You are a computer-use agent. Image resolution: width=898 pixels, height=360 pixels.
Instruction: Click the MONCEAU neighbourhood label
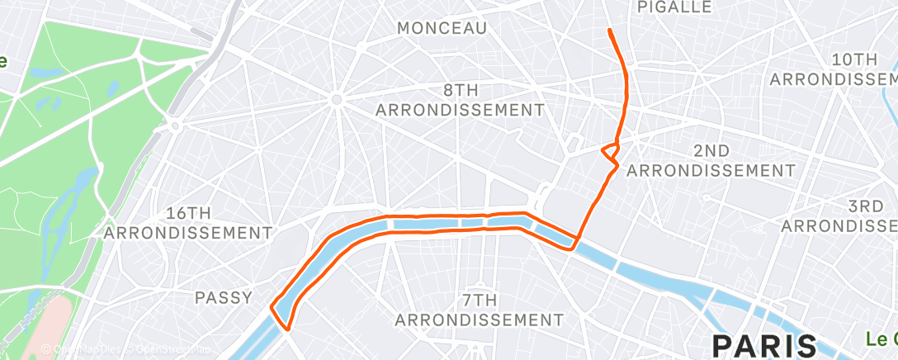pos(442,28)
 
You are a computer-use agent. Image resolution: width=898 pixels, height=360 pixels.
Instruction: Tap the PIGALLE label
pos(674,7)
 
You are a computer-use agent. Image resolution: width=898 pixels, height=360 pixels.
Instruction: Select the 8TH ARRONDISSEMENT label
pos(460,99)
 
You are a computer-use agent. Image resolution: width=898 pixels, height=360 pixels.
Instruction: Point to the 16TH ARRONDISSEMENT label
pos(188,222)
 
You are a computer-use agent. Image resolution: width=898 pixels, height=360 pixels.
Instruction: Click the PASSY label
pos(222,297)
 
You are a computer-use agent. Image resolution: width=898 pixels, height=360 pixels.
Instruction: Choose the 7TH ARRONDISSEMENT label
pos(479,310)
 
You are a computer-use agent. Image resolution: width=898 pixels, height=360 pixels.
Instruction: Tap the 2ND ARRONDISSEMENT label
pos(711,160)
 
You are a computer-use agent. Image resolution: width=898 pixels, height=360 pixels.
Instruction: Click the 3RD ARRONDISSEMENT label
pos(842,216)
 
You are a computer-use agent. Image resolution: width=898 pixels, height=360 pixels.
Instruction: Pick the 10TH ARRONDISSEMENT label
pos(834,69)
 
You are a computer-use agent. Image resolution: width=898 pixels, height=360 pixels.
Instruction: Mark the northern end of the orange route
pos(609,31)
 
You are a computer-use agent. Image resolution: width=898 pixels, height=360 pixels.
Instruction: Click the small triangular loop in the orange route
pos(611,151)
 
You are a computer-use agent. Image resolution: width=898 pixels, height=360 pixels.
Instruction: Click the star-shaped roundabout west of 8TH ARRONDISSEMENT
pos(336,100)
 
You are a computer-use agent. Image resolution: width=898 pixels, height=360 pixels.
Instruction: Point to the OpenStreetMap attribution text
pos(164,349)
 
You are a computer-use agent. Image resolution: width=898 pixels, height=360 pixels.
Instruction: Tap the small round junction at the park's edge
pos(175,126)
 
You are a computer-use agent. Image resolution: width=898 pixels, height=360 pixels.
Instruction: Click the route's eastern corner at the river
pos(574,241)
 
